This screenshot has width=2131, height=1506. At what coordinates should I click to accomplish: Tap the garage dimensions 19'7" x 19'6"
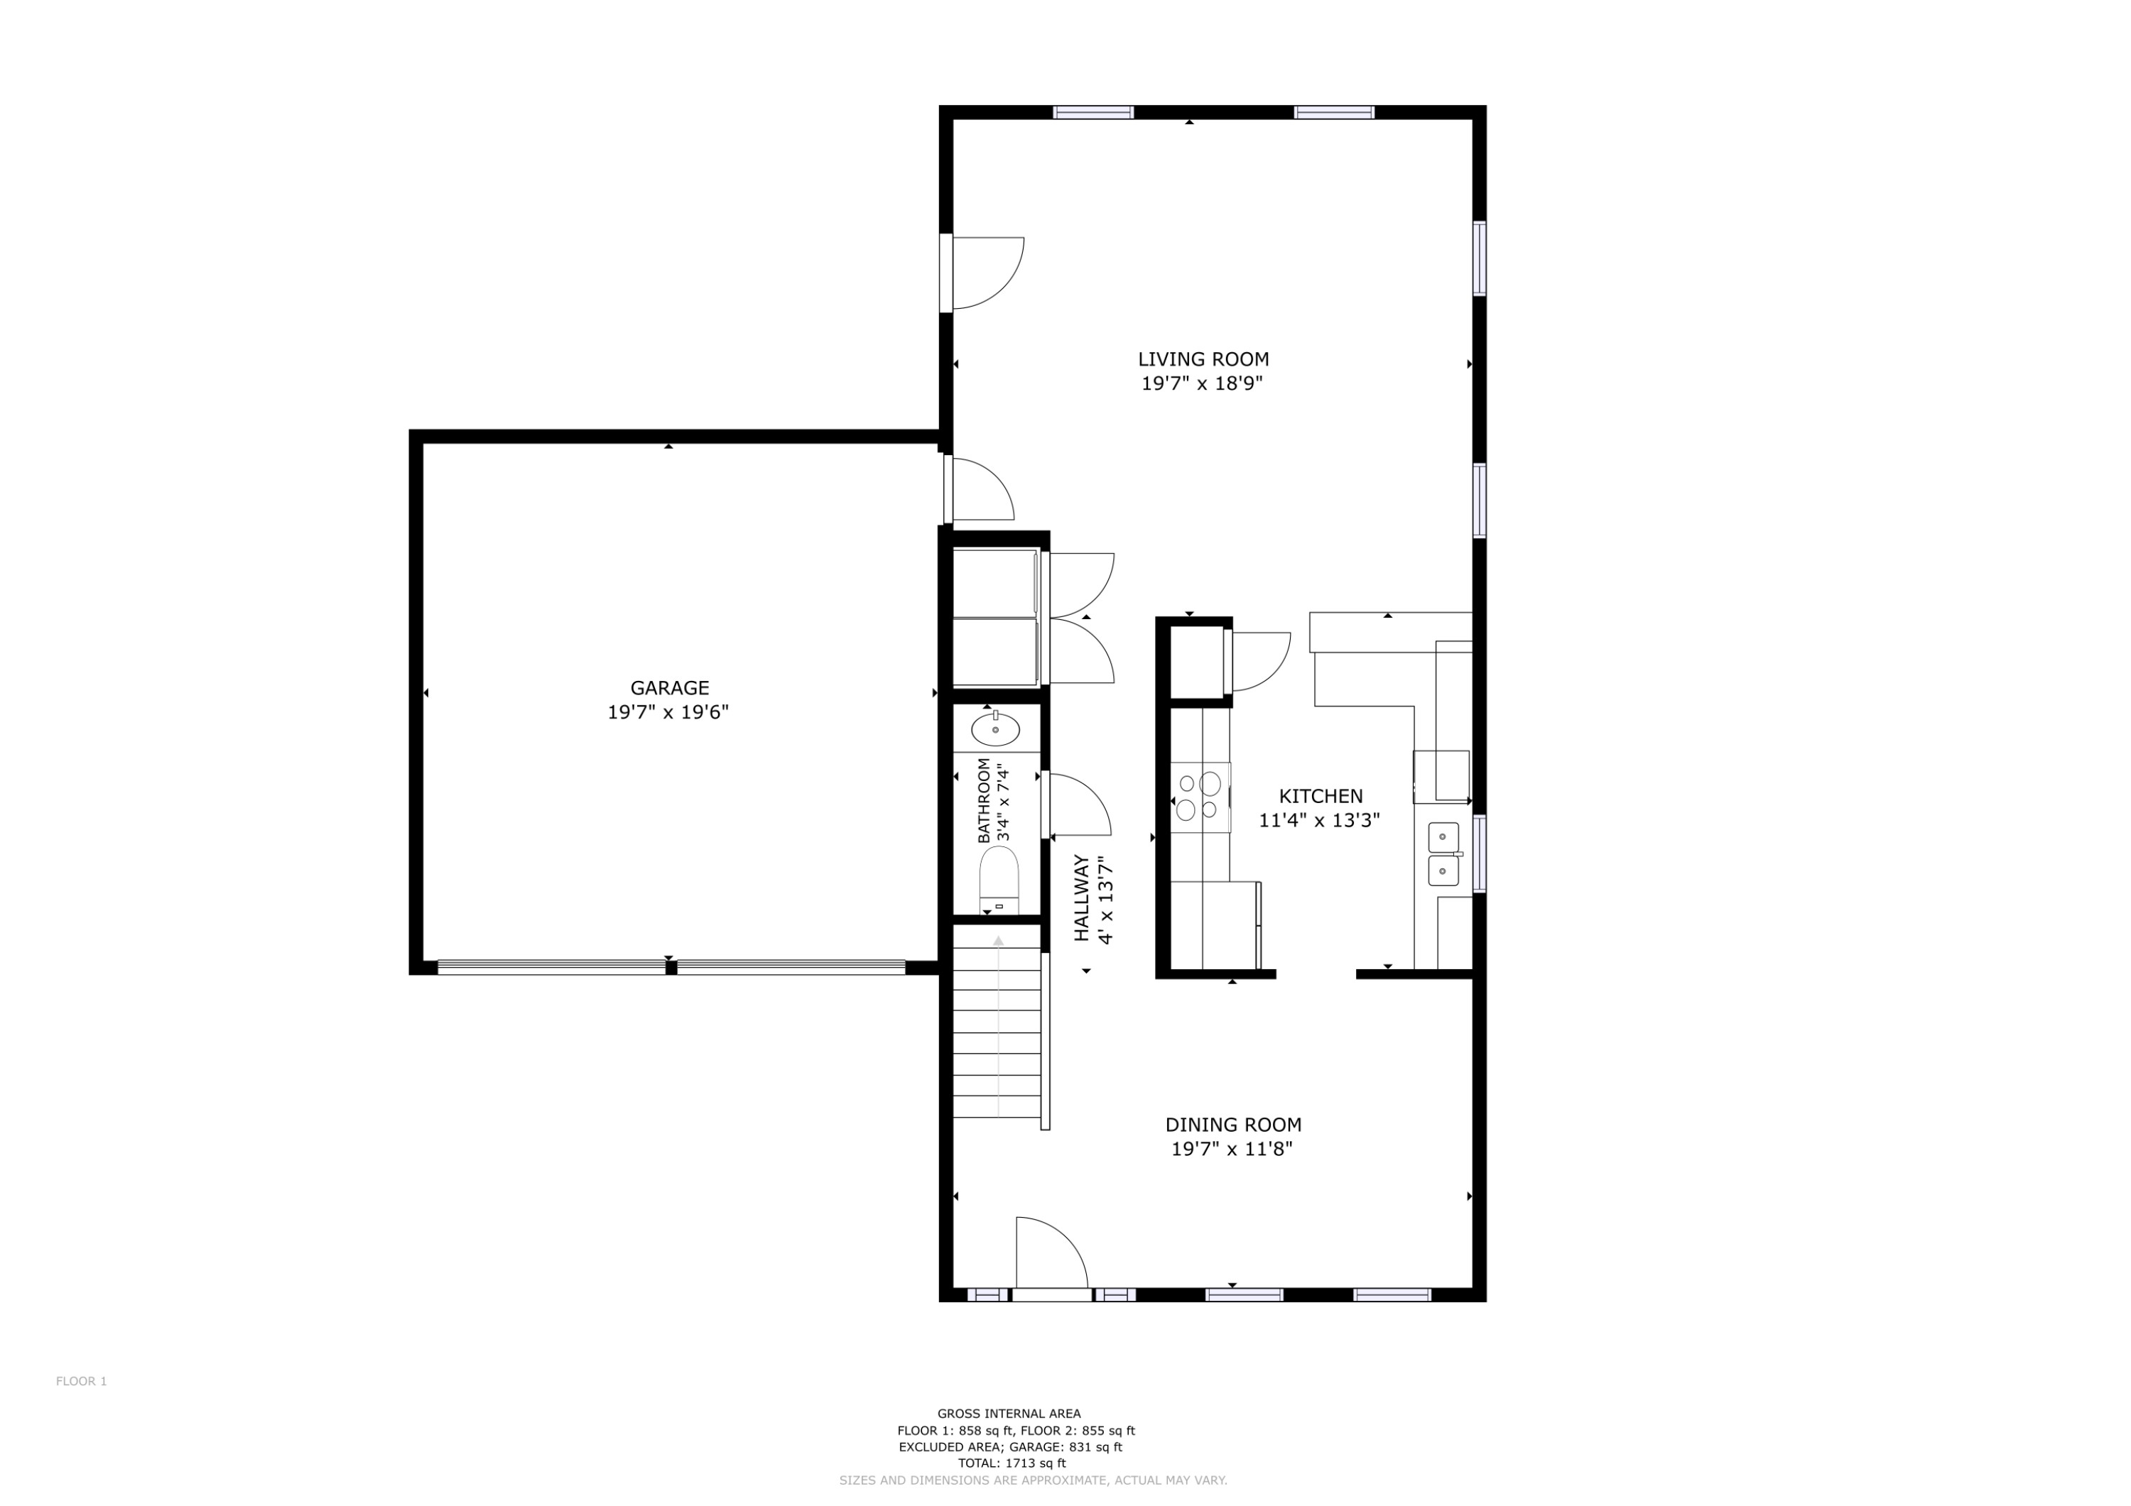668,713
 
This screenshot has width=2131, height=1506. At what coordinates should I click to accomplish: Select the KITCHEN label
1320,796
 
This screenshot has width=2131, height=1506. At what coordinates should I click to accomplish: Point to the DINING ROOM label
1232,1125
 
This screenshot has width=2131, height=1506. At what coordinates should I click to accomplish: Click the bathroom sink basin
995,730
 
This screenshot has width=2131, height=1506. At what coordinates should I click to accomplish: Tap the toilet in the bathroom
999,881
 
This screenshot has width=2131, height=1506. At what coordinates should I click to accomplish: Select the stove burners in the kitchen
1199,796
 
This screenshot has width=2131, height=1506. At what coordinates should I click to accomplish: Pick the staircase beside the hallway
997,1030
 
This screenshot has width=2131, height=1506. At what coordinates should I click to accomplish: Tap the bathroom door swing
1077,805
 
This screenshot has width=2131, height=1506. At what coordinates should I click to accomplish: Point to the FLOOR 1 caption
82,1381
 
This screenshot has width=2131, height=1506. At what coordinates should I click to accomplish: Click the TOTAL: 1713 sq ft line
1012,1463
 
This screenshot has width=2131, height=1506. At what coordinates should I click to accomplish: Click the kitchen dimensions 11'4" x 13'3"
1319,820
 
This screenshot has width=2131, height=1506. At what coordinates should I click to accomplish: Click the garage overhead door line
670,967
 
